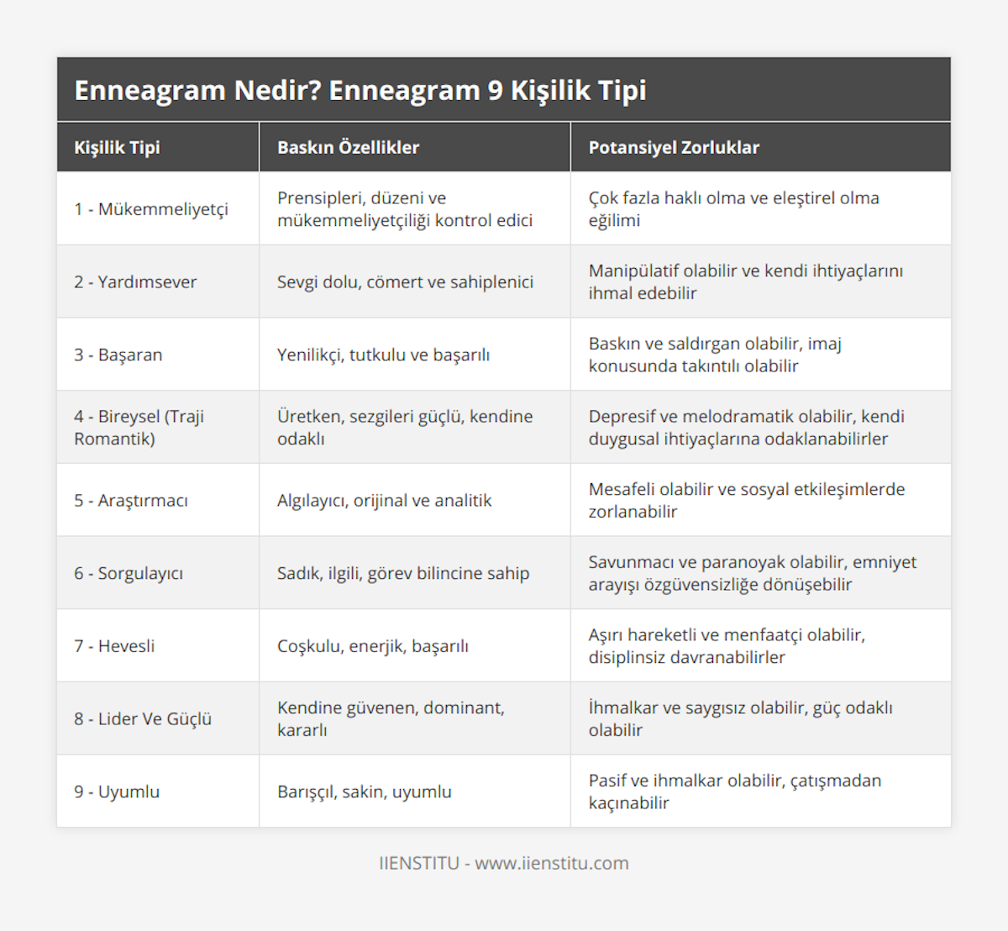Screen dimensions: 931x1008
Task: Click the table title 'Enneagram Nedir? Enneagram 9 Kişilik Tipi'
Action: [x=360, y=90]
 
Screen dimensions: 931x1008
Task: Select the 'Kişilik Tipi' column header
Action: [x=117, y=148]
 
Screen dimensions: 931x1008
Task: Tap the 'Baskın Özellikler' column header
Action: [x=348, y=148]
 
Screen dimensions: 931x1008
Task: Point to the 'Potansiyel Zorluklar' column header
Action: [x=674, y=148]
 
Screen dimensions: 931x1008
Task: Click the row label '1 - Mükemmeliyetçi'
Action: [x=151, y=209]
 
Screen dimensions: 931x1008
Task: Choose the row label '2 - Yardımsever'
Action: [x=135, y=282]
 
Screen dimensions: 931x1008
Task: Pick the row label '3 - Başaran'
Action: [x=118, y=355]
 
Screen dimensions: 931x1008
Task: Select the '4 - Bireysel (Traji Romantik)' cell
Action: [x=139, y=427]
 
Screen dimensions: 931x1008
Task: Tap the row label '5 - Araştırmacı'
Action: [x=131, y=501]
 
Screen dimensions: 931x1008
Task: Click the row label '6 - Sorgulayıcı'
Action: [x=129, y=573]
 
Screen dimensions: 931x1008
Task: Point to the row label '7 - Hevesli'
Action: [x=114, y=646]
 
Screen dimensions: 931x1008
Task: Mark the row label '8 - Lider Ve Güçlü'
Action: [x=143, y=719]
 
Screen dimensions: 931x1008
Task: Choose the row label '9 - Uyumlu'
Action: [x=117, y=792]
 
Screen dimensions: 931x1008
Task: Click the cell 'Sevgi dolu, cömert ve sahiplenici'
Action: [x=405, y=282]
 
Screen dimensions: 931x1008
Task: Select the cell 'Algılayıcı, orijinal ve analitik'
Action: [x=384, y=501]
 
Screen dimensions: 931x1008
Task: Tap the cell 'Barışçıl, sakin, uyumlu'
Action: [x=364, y=792]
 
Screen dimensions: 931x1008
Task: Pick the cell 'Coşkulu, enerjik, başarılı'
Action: [x=373, y=646]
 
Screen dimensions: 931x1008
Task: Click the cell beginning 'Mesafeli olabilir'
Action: [x=747, y=500]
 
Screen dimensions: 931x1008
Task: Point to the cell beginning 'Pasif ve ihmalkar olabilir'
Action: [x=735, y=792]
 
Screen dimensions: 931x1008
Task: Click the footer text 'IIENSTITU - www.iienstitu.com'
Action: [x=504, y=863]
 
